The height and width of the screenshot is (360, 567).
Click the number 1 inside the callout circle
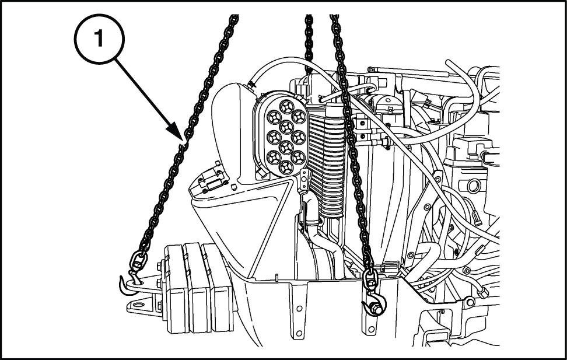[99, 39]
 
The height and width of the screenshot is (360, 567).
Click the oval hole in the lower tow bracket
[138, 305]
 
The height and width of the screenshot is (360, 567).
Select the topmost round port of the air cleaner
[286, 106]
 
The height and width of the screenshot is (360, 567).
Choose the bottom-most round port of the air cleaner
[286, 167]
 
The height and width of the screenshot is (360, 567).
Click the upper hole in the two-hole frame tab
[299, 308]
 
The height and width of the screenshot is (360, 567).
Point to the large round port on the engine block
[473, 186]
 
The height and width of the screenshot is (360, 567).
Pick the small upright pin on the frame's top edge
[276, 278]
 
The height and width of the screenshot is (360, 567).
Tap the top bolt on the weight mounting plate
[159, 267]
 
